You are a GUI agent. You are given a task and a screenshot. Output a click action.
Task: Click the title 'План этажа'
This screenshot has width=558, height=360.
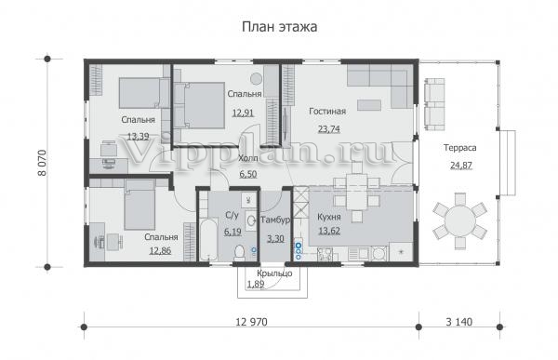click(x=279, y=27)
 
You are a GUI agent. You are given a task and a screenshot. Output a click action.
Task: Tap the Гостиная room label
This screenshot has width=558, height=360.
click(x=327, y=112)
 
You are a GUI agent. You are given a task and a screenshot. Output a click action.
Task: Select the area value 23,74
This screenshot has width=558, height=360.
click(x=329, y=129)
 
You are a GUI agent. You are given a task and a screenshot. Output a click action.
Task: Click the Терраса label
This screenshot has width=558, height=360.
click(x=459, y=148)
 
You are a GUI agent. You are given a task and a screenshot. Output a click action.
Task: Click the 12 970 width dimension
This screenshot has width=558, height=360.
click(x=251, y=322)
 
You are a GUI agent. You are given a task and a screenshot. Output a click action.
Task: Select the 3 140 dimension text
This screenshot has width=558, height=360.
click(x=459, y=322)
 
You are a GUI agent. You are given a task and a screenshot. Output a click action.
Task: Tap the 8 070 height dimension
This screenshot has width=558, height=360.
click(x=42, y=163)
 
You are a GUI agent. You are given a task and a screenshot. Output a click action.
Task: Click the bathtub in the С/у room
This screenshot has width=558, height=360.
click(x=208, y=240)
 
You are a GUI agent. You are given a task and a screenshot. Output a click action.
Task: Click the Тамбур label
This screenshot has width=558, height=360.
click(x=275, y=220)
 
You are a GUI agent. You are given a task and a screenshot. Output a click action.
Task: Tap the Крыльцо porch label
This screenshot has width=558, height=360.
click(x=274, y=273)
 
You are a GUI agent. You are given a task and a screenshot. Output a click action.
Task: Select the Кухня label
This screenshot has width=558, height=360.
click(x=329, y=217)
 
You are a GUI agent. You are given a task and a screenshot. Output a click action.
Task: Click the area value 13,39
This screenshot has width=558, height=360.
click(x=138, y=137)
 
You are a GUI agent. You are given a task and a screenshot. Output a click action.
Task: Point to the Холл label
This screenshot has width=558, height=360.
click(x=248, y=158)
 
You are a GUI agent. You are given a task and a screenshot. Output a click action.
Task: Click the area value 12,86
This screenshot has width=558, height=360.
click(x=160, y=250)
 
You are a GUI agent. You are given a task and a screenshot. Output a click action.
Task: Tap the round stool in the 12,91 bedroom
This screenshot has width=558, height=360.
click(x=256, y=78)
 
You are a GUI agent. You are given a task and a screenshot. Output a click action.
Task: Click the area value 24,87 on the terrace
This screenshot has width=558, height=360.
click(x=461, y=166)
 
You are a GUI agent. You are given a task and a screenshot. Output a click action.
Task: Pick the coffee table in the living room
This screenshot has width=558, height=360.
click(x=369, y=105)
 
